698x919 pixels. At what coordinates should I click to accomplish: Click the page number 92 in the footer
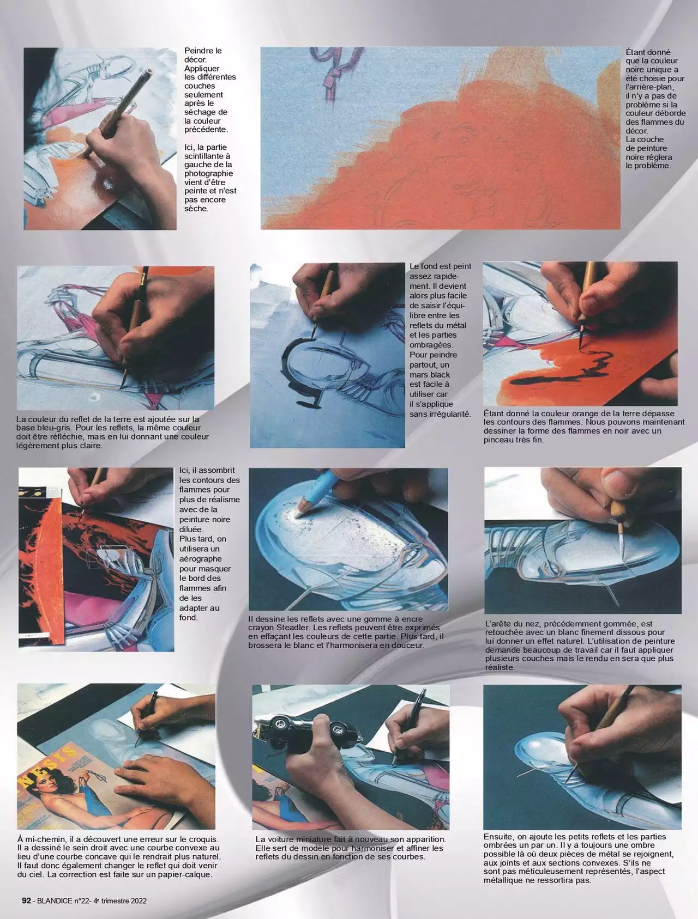[26, 900]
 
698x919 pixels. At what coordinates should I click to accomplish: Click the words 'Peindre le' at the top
[203, 51]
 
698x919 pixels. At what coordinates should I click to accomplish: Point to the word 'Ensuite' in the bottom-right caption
[500, 836]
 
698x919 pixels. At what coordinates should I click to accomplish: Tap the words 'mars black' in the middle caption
[430, 375]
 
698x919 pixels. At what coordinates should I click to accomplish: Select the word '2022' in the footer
[137, 900]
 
